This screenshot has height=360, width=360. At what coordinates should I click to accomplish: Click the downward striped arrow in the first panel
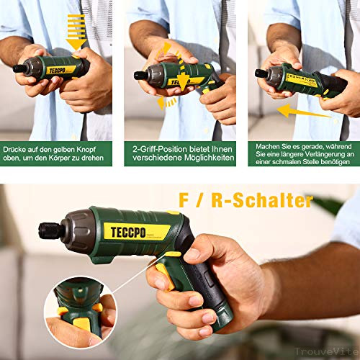click(x=71, y=29)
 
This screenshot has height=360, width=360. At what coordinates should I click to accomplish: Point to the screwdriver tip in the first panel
click(x=16, y=68)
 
